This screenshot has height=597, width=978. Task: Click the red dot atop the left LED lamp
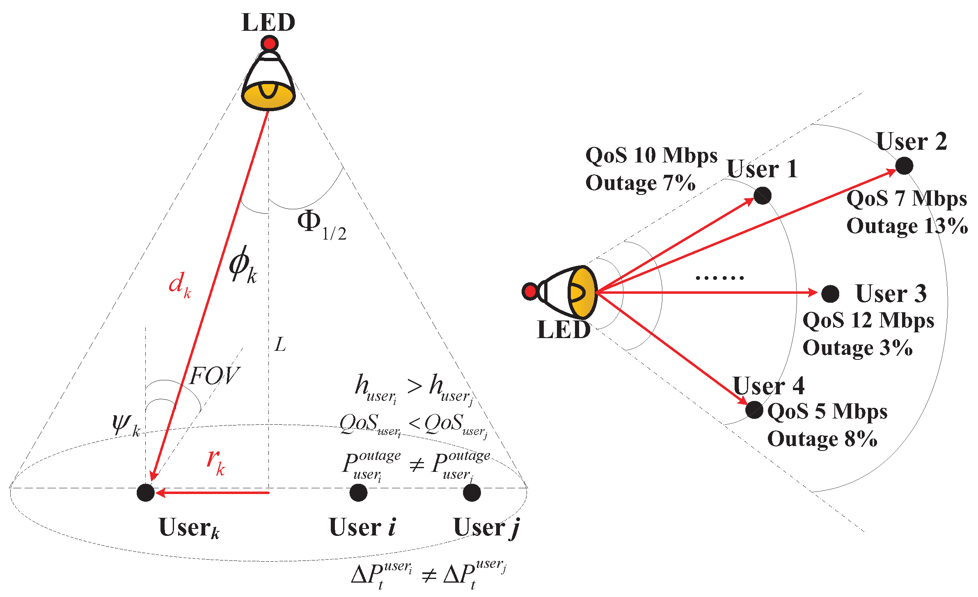coord(269,43)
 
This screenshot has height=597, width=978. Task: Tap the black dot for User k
coord(145,492)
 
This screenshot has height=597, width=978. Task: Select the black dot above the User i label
coord(358,492)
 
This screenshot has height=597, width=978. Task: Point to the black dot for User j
coord(472,492)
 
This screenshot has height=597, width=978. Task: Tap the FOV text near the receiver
coord(214,376)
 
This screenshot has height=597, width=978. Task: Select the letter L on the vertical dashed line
coord(280,345)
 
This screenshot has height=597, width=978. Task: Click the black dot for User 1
coord(762,195)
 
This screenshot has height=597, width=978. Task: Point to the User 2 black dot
coord(904,166)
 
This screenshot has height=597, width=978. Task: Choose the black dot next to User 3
coord(830,294)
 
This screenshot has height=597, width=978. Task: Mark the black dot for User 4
coord(754,409)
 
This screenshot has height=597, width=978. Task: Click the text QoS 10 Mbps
coord(651,156)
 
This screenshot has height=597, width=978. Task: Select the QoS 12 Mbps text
coord(868,320)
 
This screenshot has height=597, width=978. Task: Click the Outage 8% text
coord(822,439)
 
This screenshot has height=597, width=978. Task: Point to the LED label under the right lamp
coord(563,329)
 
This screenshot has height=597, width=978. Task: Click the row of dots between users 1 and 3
coord(719,278)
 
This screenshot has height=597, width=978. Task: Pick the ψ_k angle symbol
coord(126,425)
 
